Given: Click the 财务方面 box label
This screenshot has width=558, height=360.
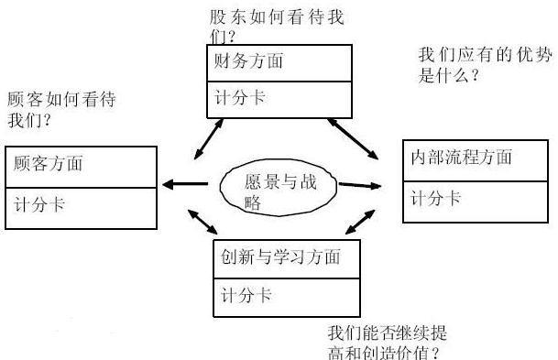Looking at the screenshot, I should (x=246, y=63).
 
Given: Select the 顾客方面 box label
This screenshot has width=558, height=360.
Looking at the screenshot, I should (x=48, y=164).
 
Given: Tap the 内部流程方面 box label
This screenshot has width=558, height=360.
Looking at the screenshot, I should (x=461, y=158).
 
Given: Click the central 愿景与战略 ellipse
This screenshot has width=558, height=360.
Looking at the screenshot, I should (x=280, y=188).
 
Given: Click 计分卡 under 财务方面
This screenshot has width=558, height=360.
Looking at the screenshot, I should (x=239, y=97).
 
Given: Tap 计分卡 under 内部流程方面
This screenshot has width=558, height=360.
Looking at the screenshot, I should (x=435, y=197).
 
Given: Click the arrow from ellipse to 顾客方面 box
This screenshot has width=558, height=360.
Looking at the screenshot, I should (x=184, y=185).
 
